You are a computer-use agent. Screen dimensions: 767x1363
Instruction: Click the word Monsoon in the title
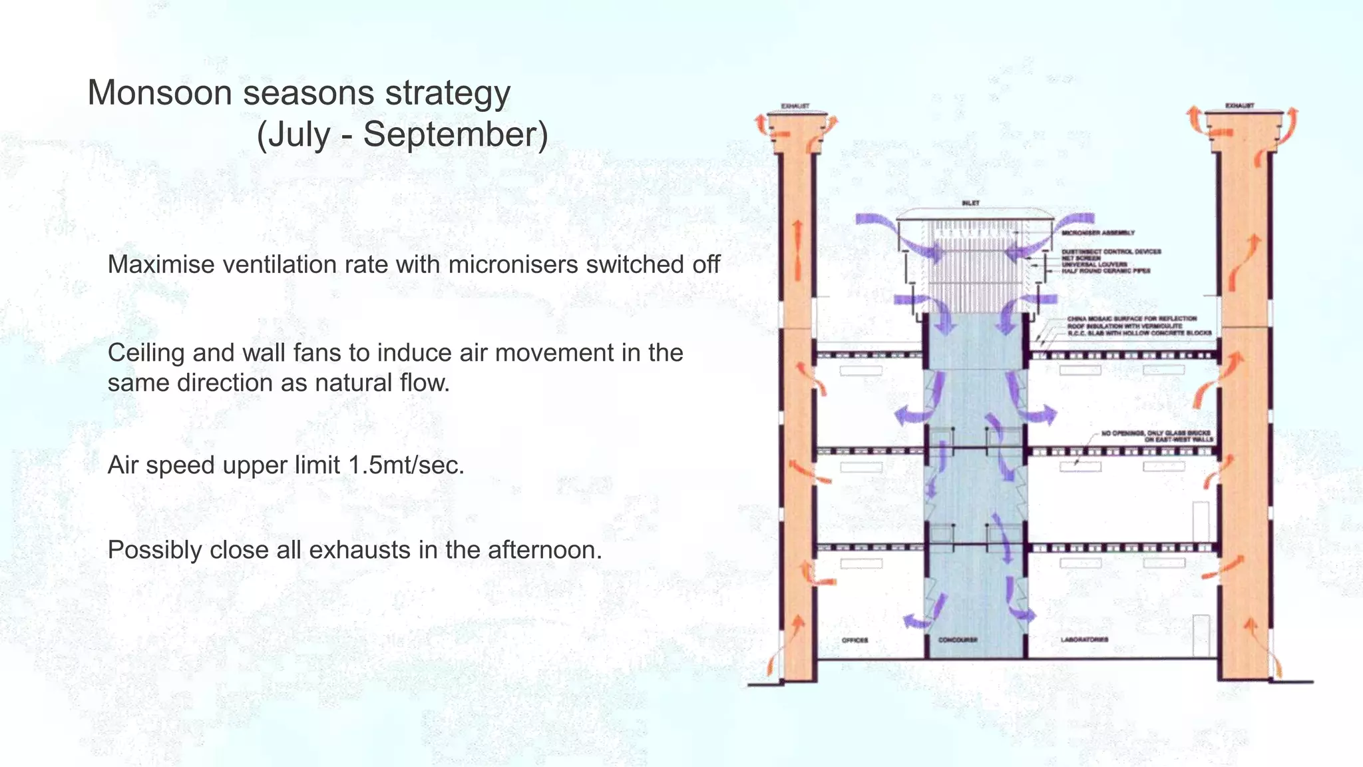click(160, 93)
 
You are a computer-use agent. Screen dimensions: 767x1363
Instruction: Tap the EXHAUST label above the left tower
click(795, 106)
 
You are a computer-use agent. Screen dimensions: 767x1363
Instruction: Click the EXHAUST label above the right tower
click(1240, 106)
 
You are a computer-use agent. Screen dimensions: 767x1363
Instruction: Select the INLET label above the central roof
click(971, 202)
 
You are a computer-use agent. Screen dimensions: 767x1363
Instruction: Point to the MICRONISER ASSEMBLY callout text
click(1097, 233)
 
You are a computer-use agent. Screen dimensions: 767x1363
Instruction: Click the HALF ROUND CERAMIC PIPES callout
click(1105, 271)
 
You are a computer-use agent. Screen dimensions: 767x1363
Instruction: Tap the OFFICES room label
click(855, 640)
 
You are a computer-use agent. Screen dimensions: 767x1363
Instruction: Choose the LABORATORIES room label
click(1084, 640)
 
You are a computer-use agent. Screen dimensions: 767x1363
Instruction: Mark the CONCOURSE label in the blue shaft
click(958, 640)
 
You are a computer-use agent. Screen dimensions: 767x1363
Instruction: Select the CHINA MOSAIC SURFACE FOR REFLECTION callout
click(1131, 319)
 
